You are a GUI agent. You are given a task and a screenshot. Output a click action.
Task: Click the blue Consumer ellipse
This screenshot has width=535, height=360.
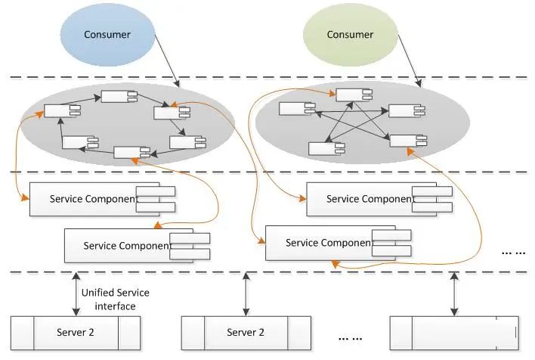pyautogui.click(x=108, y=35)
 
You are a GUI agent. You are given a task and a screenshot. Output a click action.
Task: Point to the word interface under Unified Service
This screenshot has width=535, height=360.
pyautogui.click(x=116, y=306)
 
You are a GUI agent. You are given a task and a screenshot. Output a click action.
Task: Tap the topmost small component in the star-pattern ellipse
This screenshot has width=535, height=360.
pyautogui.click(x=348, y=95)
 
